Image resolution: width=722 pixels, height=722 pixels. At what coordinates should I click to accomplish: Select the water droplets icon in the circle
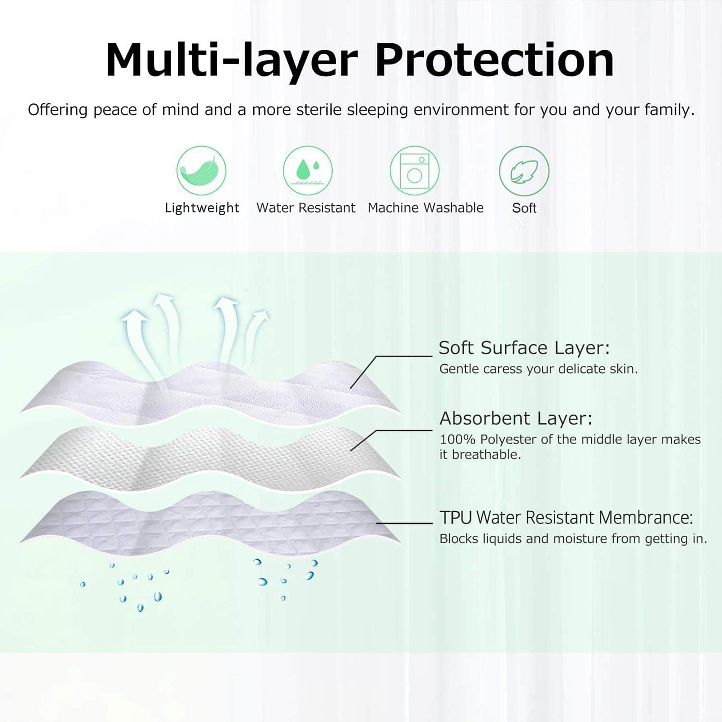coord(308,171)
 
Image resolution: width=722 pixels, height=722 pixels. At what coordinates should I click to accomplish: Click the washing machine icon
coord(414,171)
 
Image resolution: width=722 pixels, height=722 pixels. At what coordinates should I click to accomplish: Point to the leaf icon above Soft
coord(524,171)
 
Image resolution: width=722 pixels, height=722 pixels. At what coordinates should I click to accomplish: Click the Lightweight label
coord(202,208)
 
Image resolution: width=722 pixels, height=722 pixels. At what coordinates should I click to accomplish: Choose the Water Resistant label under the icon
coord(306,208)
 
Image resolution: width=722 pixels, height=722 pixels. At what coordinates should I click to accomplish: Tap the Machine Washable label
coord(426,208)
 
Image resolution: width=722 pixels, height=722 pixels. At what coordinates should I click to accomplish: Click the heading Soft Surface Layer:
coord(524,348)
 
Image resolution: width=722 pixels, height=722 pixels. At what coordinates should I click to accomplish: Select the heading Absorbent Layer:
coord(516,418)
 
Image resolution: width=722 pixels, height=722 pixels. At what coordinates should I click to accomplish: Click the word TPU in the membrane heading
coord(455,518)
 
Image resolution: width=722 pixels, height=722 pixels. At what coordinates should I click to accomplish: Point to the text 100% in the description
coord(458,439)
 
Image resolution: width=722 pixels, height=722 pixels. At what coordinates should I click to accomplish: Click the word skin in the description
coord(624,369)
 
